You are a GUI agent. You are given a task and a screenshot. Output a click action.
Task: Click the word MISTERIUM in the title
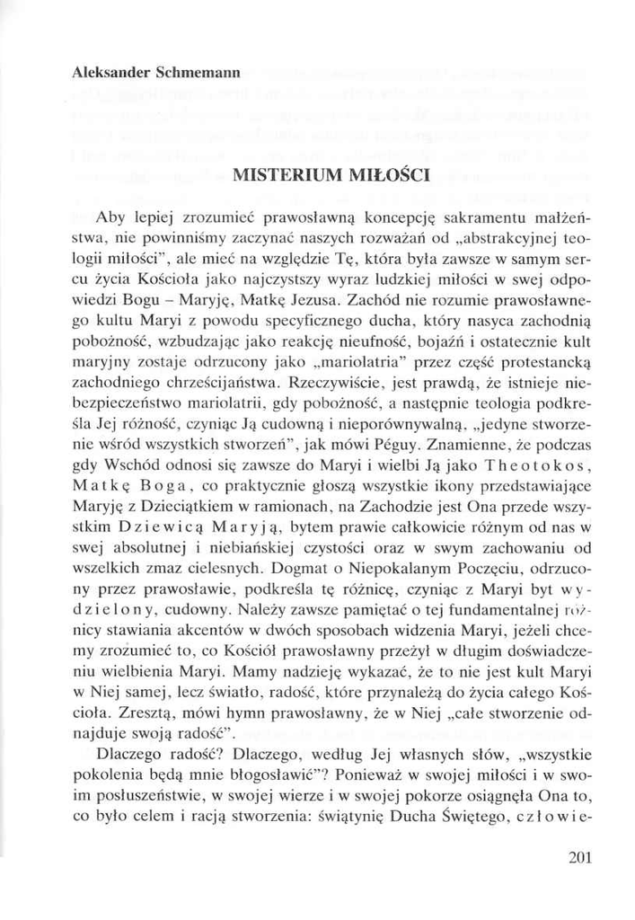pyautogui.click(x=276, y=175)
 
